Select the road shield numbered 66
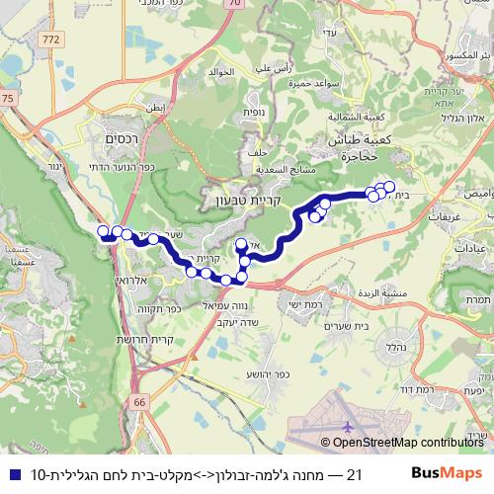pos(138,403)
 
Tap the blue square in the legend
pos(10,473)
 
